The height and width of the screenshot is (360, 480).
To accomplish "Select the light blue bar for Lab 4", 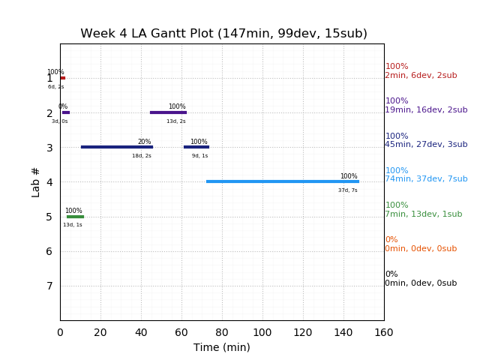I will (282, 181).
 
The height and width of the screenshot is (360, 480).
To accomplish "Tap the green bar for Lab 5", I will (75, 217).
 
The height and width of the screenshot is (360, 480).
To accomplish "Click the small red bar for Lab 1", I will (62, 78).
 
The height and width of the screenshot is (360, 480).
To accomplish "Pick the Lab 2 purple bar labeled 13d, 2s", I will (168, 112).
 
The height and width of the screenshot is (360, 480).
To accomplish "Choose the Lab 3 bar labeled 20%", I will (116, 147).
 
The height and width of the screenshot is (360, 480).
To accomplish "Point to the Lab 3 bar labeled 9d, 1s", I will (196, 147).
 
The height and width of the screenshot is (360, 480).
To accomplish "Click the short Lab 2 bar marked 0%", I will (66, 112).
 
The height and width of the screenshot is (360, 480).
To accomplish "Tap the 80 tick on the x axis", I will (222, 332).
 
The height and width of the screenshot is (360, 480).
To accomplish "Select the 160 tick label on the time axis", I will (384, 332).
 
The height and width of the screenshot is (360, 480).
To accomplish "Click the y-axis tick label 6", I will (49, 251).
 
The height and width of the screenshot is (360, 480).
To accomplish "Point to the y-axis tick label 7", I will (49, 286).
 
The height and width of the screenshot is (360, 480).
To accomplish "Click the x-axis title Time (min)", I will (222, 347).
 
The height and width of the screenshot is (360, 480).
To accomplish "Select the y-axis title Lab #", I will (36, 181).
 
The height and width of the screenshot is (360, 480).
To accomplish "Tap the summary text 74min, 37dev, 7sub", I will (426, 179).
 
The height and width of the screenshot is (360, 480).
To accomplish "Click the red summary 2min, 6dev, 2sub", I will (421, 76).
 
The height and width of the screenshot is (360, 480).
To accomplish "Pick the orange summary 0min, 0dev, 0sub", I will (421, 249).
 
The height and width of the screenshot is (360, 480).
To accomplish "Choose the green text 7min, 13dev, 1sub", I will (424, 214).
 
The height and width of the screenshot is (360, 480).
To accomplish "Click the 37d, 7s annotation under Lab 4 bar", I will (348, 190).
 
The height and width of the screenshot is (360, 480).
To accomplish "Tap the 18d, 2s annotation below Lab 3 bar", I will (142, 156).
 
